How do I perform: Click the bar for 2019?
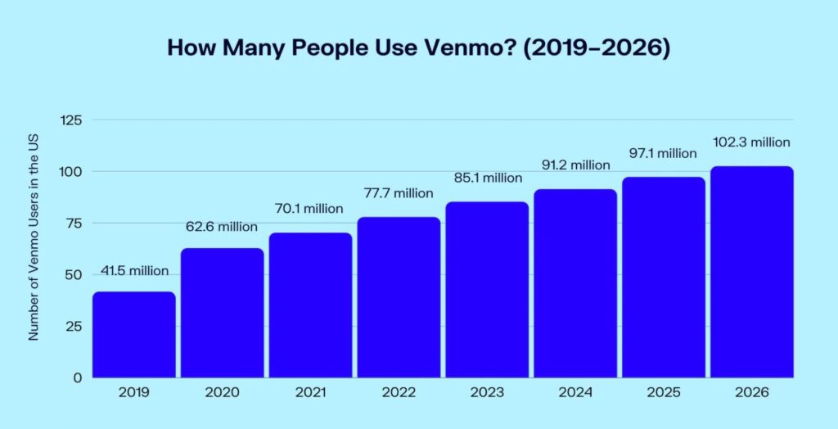[x=134, y=335]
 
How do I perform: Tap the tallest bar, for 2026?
[x=752, y=272]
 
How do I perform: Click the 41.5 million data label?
[x=134, y=271]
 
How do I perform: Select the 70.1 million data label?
[x=310, y=209]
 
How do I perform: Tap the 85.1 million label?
[x=487, y=178]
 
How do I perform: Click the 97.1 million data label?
[x=664, y=153]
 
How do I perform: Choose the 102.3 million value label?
[x=752, y=142]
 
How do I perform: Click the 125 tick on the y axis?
[x=71, y=120]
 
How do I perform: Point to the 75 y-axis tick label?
[x=74, y=224]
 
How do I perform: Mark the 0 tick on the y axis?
[x=78, y=377]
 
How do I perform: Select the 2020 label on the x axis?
[x=223, y=393]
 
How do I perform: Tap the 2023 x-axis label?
[x=487, y=393]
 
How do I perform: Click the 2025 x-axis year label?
[x=664, y=393]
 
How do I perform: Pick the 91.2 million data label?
[x=575, y=165]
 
